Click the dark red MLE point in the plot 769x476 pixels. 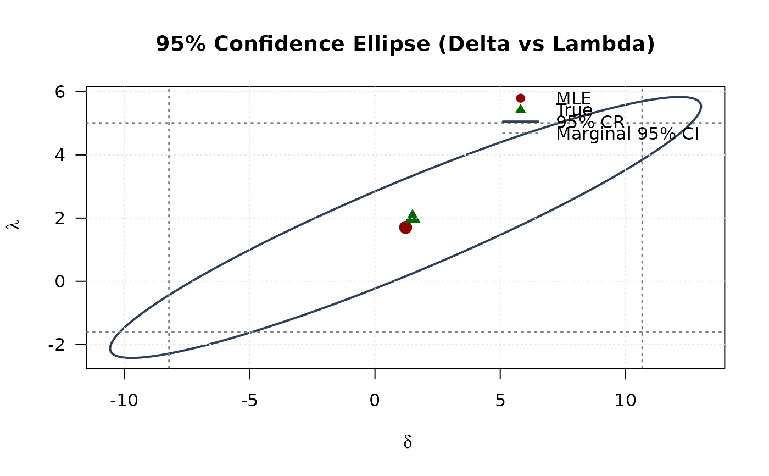405,228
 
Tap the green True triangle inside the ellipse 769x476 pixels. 413,216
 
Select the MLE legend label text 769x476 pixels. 573,98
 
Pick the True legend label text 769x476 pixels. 574,110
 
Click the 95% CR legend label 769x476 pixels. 590,122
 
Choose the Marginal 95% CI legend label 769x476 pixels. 627,134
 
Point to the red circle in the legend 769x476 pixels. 520,98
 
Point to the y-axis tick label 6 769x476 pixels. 60,92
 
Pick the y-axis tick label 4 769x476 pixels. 60,155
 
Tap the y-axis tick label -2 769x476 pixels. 57,345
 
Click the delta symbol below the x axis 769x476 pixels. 407,442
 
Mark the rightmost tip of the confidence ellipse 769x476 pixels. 701,106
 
